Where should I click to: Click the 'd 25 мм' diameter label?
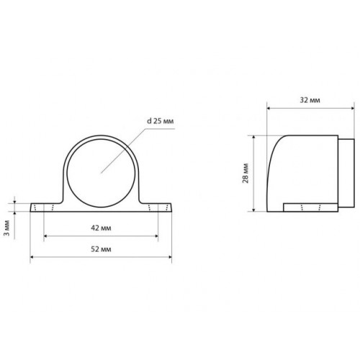point(160,121)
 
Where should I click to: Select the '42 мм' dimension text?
point(101,228)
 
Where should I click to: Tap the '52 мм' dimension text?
point(101,249)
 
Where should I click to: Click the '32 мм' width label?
point(310,100)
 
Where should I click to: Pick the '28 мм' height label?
point(246,174)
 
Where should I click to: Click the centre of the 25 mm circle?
point(101,173)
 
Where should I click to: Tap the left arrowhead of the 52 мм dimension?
point(32,257)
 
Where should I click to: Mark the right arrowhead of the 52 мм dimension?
point(170,257)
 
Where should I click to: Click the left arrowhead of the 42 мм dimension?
point(45,236)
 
